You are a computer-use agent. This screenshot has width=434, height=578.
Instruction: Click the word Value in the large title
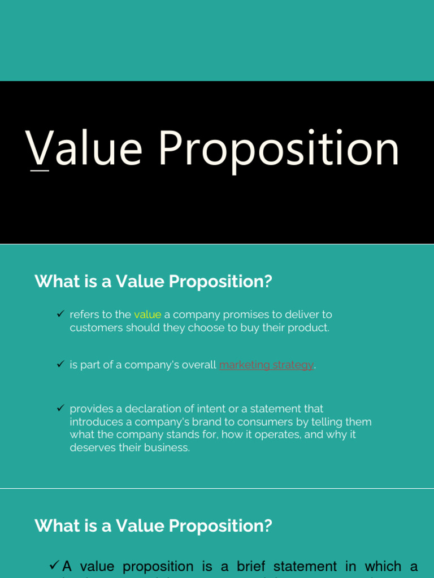pyautogui.click(x=84, y=149)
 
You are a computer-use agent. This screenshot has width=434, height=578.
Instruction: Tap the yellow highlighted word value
pyautogui.click(x=147, y=314)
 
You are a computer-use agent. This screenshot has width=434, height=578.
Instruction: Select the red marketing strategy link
pyautogui.click(x=266, y=365)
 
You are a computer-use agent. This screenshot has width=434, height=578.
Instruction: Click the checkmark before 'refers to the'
pyautogui.click(x=60, y=314)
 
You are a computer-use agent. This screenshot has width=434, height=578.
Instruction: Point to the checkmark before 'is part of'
pyautogui.click(x=60, y=364)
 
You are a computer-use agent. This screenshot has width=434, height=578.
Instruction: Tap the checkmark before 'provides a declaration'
pyautogui.click(x=60, y=408)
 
